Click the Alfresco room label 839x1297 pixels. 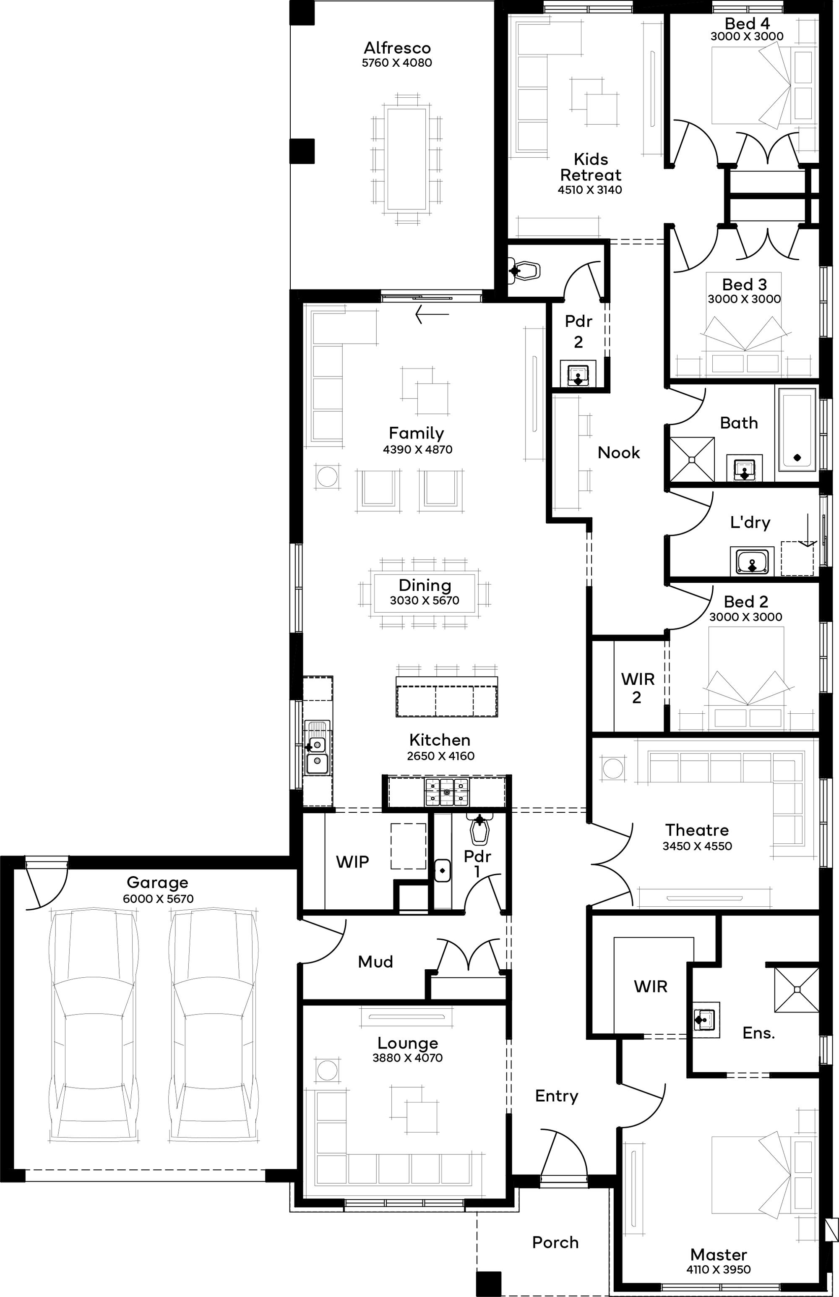coord(397,48)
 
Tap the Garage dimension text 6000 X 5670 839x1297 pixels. coord(158,899)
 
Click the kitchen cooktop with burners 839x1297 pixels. coord(447,792)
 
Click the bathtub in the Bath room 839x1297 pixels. coord(797,430)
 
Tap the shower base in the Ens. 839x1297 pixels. coord(797,990)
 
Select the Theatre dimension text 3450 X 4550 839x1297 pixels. coord(697,846)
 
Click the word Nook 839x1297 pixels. coord(619,452)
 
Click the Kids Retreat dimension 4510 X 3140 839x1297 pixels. coord(590,190)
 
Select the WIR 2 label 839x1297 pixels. coord(637,688)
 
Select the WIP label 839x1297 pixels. coord(352,861)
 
